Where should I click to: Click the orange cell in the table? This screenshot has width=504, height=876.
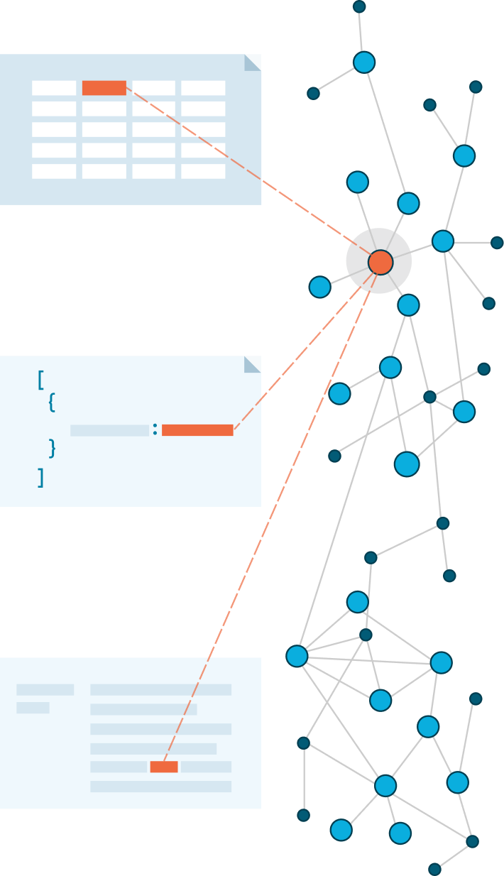coord(104,88)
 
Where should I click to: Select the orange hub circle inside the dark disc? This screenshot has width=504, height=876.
coord(380,262)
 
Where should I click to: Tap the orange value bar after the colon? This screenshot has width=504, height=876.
coord(197,430)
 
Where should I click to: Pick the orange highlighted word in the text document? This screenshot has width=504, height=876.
coord(164,767)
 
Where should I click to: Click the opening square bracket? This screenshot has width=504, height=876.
coord(41,380)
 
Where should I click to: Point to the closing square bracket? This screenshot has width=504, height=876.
coord(41,477)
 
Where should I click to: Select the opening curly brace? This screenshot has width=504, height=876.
coord(52,403)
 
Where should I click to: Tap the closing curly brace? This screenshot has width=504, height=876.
coord(52,448)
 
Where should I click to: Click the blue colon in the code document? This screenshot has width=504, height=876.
coord(155,429)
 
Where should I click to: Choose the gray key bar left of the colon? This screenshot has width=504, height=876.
coord(109,430)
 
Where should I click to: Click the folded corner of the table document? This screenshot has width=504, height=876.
coord(252,62)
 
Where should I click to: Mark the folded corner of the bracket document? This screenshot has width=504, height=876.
coord(252,364)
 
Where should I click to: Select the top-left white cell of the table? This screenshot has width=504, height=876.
coord(54,88)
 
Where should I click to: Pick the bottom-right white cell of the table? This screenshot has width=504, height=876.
coord(203,172)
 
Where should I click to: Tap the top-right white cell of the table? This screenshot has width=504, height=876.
coord(203,88)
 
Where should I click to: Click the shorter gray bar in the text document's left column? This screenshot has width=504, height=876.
coord(33,708)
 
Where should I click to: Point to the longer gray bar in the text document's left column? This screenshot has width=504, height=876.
coord(45,689)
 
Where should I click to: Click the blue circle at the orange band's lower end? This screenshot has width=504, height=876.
coord(297,656)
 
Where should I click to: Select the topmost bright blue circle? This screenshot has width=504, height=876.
coord(363,62)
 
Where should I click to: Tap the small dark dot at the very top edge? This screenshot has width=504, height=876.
coord(359,6)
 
